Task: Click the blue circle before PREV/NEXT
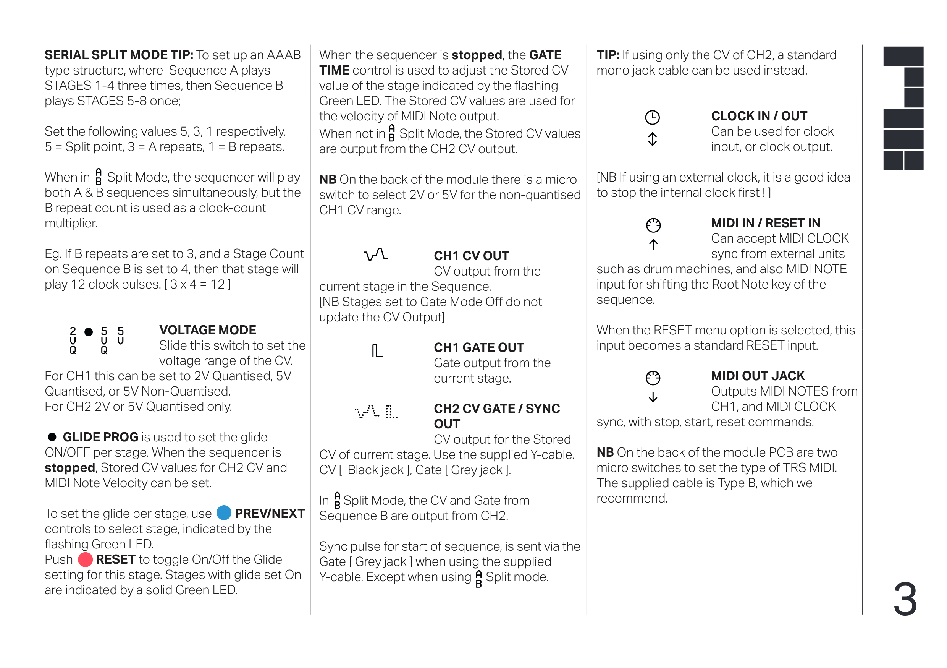(223, 513)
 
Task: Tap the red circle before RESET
(86, 559)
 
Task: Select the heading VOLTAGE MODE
(207, 330)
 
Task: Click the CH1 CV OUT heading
(471, 256)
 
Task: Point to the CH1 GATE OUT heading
(478, 348)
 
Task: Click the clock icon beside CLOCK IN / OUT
(652, 118)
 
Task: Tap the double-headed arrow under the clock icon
(652, 139)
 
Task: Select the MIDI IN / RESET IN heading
(765, 223)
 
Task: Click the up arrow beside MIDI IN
(653, 244)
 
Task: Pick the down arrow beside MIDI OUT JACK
(653, 397)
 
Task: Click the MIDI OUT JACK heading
(757, 376)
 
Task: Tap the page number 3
(905, 599)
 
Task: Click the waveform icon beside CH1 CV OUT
(376, 255)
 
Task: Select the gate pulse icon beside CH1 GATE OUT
(377, 351)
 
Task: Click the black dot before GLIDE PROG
(52, 437)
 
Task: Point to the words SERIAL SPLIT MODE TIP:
(119, 55)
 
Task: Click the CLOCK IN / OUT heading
(759, 116)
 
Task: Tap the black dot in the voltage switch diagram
(88, 332)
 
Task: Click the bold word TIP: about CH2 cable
(608, 55)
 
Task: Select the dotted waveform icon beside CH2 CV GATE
(367, 411)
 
